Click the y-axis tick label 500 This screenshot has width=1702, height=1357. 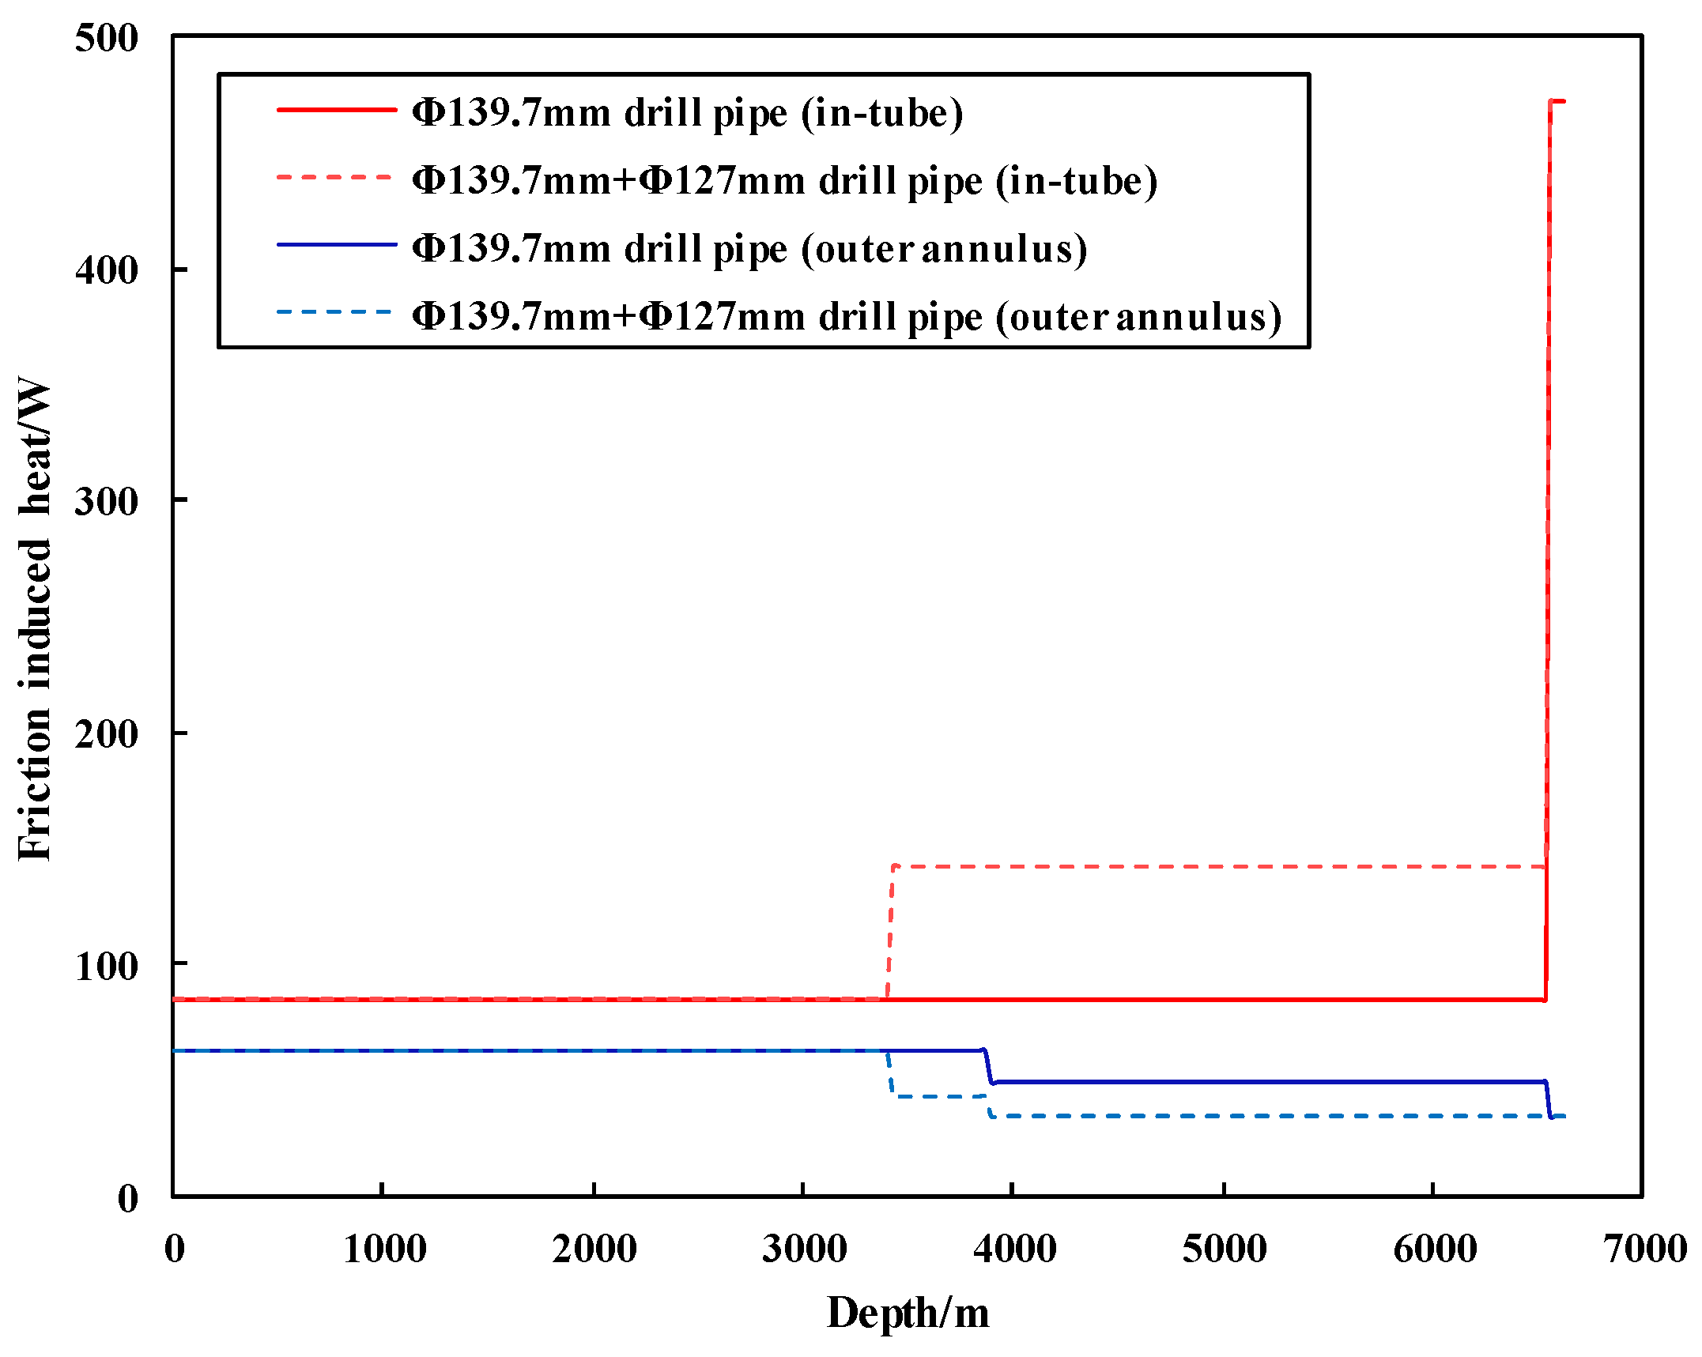click(106, 38)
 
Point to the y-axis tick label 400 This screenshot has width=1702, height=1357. click(106, 270)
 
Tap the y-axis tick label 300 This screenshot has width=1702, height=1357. click(106, 501)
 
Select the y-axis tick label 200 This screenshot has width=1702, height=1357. click(106, 734)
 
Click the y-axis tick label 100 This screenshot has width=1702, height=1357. click(106, 965)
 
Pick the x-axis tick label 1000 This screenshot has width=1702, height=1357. click(385, 1249)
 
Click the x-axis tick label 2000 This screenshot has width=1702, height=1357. click(594, 1249)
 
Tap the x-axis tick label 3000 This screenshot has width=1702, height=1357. click(804, 1249)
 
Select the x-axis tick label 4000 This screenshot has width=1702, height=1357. click(1014, 1249)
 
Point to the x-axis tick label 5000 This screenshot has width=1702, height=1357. click(1225, 1249)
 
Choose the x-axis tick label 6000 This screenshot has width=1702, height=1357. click(1434, 1249)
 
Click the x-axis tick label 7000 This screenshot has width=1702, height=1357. click(1644, 1249)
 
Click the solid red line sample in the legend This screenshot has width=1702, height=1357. click(336, 110)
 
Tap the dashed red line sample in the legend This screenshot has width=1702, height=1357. click(336, 178)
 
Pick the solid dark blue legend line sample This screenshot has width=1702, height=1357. click(336, 245)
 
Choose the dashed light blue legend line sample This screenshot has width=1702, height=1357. click(336, 313)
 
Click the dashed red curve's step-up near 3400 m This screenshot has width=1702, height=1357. click(891, 933)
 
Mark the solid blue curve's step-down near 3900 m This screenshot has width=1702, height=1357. click(987, 1066)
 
